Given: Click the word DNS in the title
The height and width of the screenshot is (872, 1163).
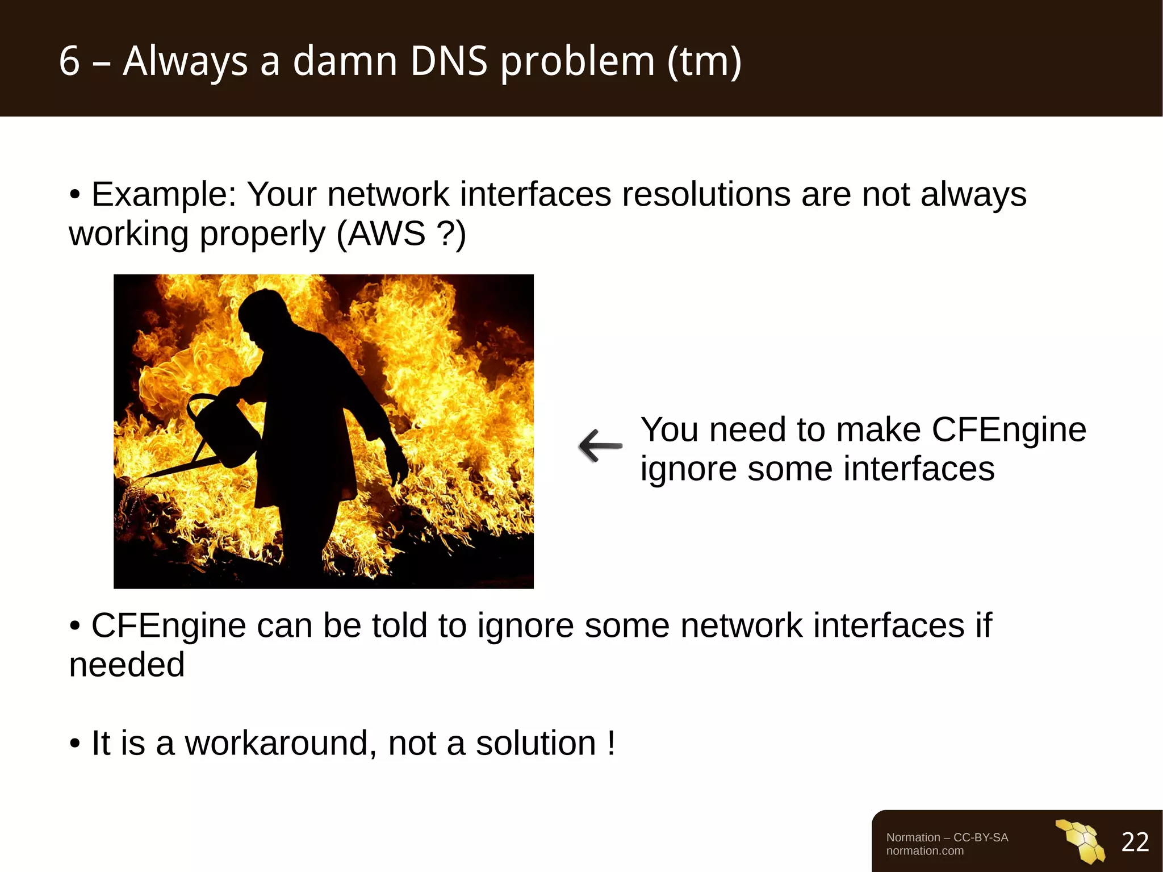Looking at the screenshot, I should pyautogui.click(x=449, y=61).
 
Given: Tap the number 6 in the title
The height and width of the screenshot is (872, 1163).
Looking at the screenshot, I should pyautogui.click(x=69, y=61).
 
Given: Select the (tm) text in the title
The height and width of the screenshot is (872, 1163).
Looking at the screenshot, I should pyautogui.click(x=704, y=61).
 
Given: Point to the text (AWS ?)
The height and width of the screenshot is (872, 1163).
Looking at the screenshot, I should pyautogui.click(x=401, y=233).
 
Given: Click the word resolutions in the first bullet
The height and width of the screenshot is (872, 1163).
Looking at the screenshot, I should pyautogui.click(x=706, y=195).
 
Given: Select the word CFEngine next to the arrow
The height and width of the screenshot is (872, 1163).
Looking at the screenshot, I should pyautogui.click(x=1009, y=429).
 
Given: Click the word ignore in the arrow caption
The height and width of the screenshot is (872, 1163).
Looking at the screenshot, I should pyautogui.click(x=688, y=469).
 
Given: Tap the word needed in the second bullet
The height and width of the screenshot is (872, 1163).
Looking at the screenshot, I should pyautogui.click(x=127, y=665).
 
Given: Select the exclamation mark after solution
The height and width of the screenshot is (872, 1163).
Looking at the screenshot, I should pyautogui.click(x=611, y=743).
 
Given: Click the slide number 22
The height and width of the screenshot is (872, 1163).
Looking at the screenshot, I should pyautogui.click(x=1135, y=842).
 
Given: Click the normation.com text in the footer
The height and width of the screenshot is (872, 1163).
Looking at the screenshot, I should pyautogui.click(x=924, y=851).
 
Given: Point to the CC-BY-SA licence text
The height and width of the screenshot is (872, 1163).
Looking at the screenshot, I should pyautogui.click(x=981, y=837).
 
